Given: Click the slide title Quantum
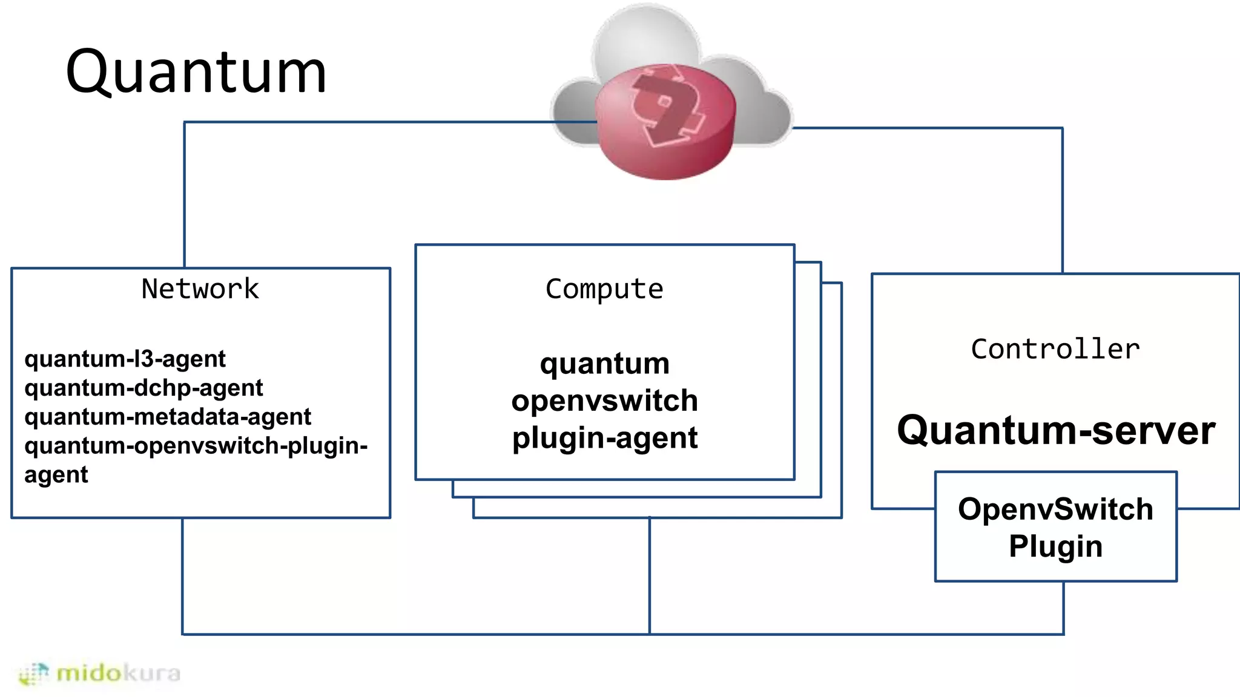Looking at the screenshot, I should point(196,72).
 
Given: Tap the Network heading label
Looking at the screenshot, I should point(200,289).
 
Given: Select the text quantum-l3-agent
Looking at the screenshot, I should point(125,359).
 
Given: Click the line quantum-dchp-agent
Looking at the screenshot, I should point(143,388).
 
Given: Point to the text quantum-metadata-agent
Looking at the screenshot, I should point(168,417).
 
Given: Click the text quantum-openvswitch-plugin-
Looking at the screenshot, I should point(196,446).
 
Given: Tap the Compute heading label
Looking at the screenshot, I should point(604,289).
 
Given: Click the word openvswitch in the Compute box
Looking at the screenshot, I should point(604,401).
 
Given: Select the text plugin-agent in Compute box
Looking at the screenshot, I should point(604,438).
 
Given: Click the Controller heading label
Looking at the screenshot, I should point(1055,349).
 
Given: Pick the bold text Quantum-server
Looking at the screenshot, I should point(1056,430).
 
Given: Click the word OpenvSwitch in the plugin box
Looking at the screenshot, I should point(1055,509).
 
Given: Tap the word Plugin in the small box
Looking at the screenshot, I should point(1055,546).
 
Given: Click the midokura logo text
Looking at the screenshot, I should point(118,673).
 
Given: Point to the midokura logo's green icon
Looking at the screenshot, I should point(33,673).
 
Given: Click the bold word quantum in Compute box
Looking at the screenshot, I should point(604,364).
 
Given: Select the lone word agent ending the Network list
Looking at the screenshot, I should point(56,475).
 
